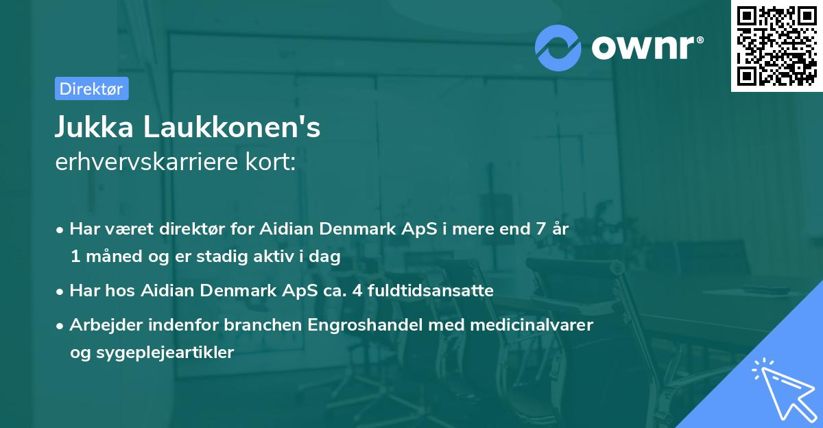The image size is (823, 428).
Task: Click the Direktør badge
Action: (91, 88)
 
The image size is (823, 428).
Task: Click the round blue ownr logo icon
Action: (558, 47)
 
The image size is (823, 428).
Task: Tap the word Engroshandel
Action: (370, 324)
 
